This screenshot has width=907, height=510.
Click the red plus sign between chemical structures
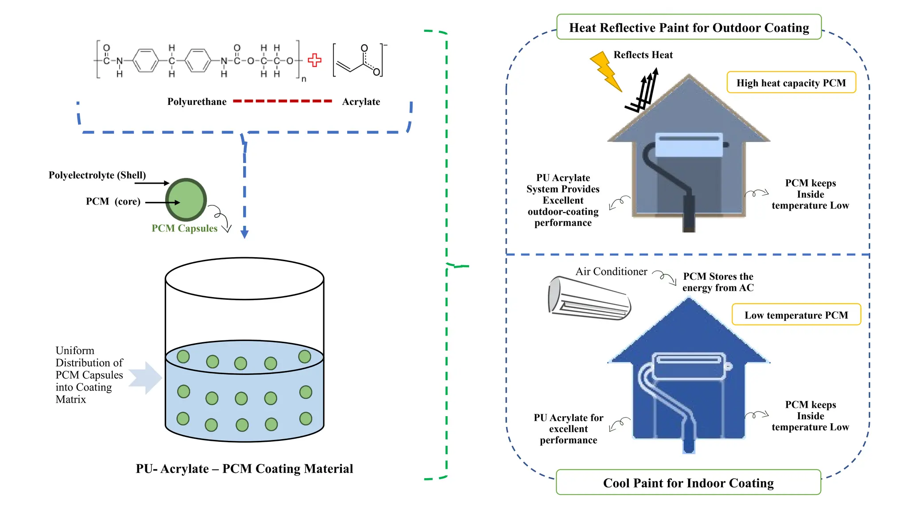click(x=314, y=60)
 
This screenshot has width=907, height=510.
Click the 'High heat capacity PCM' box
click(x=791, y=83)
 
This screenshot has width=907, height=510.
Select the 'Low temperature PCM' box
click(x=796, y=315)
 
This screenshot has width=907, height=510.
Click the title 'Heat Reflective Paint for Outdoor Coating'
click(x=689, y=27)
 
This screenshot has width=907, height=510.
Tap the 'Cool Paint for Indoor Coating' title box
click(x=688, y=483)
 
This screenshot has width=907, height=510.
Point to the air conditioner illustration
click(x=589, y=298)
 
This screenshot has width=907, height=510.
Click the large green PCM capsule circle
click(x=186, y=200)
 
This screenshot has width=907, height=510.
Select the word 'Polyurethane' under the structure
click(x=197, y=102)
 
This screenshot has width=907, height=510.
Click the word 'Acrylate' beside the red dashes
click(x=361, y=102)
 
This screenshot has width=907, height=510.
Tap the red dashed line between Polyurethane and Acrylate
click(x=283, y=101)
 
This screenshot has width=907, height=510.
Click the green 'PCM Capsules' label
click(x=184, y=228)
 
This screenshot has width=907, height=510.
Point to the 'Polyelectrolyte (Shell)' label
click(x=97, y=175)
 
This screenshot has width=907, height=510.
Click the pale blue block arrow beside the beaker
click(x=147, y=378)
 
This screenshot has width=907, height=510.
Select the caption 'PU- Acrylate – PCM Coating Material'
click(x=244, y=469)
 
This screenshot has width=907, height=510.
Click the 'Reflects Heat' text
click(x=643, y=55)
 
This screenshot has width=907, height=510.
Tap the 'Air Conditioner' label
click(x=611, y=271)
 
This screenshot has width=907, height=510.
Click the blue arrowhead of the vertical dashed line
click(x=244, y=234)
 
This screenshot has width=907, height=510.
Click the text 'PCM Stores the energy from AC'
click(x=718, y=282)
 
